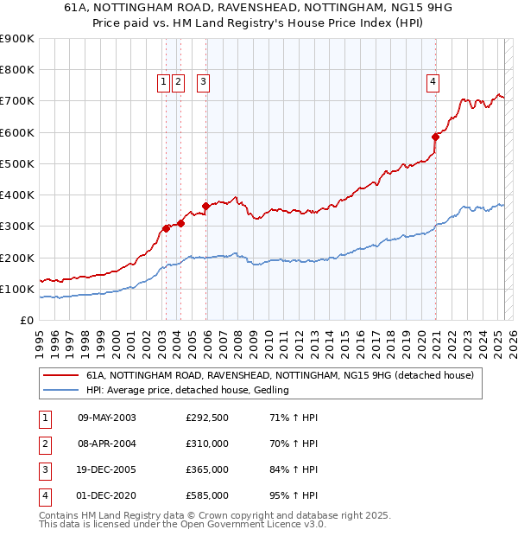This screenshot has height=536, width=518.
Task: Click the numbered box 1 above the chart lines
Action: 163,82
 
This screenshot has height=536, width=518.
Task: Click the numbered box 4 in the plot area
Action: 433,82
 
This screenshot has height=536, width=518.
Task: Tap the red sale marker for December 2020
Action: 436,137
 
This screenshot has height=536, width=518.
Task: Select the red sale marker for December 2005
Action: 206,206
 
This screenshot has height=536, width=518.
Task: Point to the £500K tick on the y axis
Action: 19,163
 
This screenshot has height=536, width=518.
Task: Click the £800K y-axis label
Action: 19,70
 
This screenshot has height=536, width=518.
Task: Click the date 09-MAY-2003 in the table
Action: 107,418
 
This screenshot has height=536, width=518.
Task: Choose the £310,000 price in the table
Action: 207,444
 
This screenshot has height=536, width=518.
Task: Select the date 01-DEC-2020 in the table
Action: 107,495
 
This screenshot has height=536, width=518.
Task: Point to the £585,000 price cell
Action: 207,495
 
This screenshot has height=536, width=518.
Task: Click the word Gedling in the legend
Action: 268,390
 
